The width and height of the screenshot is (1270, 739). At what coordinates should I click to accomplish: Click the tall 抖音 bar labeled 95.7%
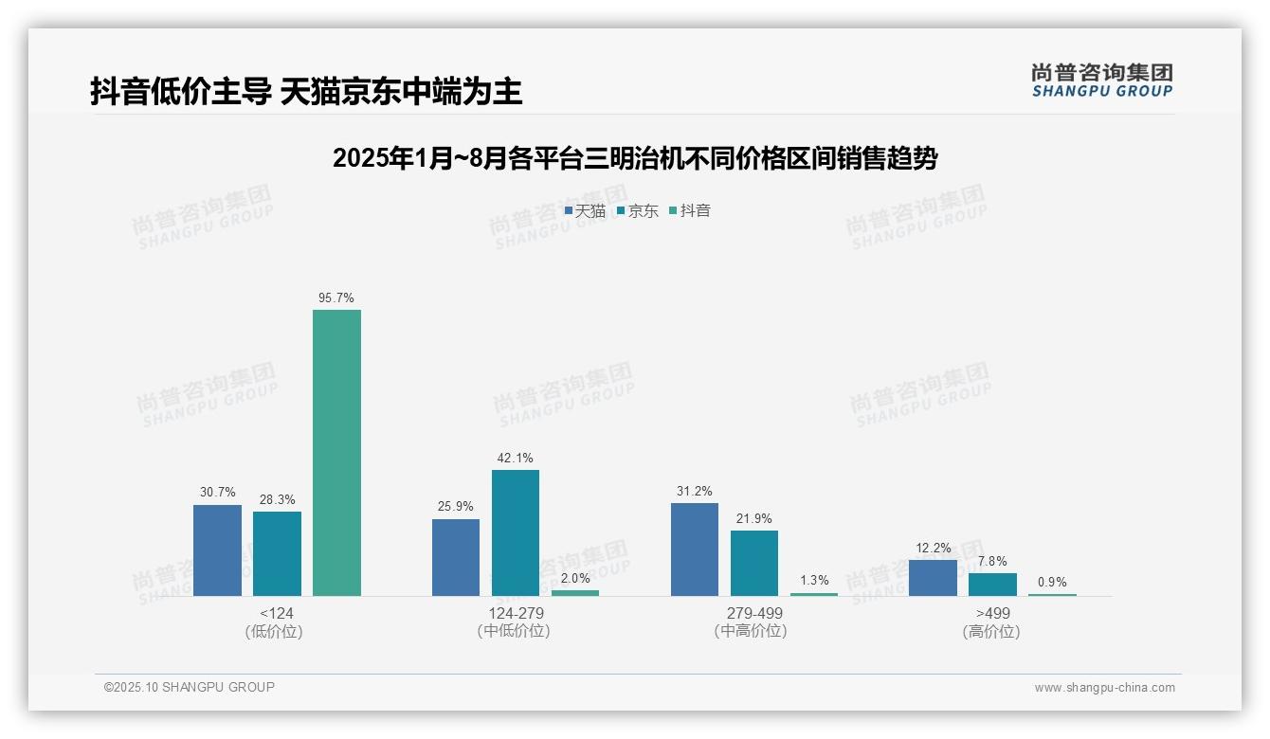336,452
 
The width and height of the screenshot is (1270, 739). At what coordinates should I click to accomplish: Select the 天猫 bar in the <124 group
217,550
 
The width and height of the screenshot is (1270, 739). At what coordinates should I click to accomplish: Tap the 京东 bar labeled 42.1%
515,532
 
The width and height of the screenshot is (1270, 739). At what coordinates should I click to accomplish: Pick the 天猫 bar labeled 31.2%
694,549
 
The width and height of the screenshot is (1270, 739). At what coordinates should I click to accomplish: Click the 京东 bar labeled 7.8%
992,584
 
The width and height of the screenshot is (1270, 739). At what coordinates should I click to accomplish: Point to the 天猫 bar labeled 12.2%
933,577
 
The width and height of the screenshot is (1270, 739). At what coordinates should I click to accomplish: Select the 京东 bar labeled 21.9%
753,563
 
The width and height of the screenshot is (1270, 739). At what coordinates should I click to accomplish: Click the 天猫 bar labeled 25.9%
456,557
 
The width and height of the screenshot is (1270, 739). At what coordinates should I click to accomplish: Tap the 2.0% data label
575,578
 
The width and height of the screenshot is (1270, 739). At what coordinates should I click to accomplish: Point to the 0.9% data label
1052,582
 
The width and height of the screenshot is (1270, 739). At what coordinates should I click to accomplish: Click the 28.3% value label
277,499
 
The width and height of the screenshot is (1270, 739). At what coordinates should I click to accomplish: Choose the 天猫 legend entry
585,211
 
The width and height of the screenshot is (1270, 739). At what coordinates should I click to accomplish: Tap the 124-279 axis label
515,613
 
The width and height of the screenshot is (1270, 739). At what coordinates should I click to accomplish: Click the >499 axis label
992,613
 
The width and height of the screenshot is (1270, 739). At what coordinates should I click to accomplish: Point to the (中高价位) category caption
751,631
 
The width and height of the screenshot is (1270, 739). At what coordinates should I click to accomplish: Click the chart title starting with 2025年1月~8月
634,158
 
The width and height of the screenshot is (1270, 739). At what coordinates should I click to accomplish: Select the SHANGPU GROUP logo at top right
1101,81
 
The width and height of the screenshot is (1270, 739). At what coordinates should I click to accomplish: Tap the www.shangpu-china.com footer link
1104,688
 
